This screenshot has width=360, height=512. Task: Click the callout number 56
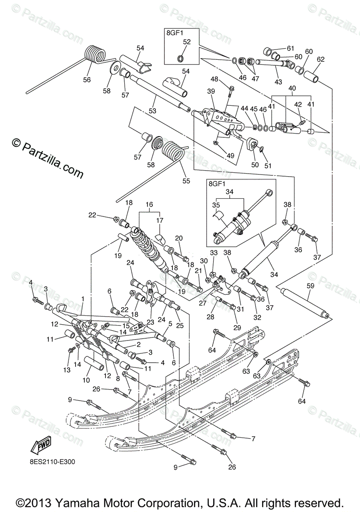[x=87, y=79]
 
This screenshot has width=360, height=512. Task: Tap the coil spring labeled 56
[x=95, y=54]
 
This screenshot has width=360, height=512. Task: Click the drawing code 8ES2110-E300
[x=53, y=461]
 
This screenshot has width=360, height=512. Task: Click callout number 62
[x=321, y=59]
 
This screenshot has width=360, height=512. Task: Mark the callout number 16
[x=149, y=205]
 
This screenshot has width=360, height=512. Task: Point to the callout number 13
[x=67, y=370]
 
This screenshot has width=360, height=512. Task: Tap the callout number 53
[x=152, y=111]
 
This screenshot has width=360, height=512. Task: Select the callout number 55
[x=186, y=181]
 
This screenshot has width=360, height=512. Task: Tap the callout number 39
[x=211, y=91]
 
